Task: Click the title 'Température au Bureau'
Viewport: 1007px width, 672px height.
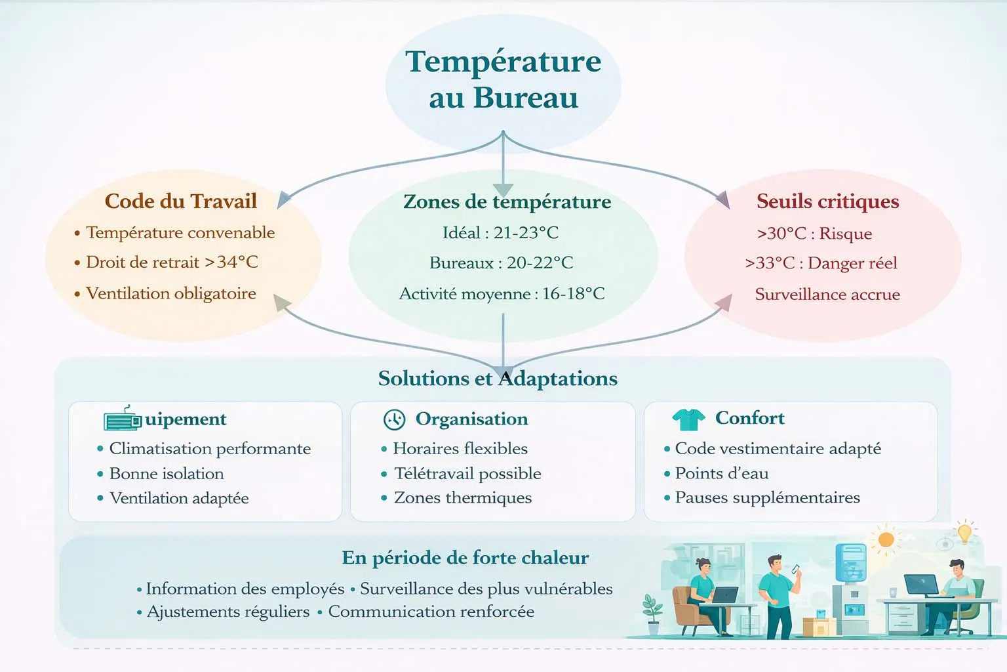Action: click(503, 79)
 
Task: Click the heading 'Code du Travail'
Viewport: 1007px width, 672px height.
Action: click(180, 201)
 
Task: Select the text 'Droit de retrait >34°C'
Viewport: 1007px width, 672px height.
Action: click(172, 262)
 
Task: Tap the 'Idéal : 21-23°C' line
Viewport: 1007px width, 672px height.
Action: click(500, 233)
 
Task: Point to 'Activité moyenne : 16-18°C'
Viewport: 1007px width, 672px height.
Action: click(502, 293)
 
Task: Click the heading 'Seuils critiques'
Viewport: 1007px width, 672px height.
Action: click(827, 201)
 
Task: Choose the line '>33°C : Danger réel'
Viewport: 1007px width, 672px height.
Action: click(821, 263)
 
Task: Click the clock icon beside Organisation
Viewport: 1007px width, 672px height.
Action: click(394, 419)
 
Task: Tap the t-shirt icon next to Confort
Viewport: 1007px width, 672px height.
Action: click(688, 419)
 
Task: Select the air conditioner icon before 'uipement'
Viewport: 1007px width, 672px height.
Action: click(123, 419)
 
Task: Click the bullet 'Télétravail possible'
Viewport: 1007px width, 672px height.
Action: click(467, 473)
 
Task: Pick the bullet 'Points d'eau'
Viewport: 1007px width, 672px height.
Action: click(721, 473)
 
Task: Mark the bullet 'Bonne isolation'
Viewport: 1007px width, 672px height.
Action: click(167, 473)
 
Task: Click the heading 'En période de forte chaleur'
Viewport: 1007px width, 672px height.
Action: click(465, 558)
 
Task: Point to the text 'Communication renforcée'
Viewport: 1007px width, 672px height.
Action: click(431, 612)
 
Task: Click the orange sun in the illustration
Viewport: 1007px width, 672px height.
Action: click(886, 539)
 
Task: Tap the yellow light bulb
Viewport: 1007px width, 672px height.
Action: click(964, 532)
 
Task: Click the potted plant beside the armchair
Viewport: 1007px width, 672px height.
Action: click(652, 614)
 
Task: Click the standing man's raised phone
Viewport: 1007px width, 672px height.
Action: click(796, 569)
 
